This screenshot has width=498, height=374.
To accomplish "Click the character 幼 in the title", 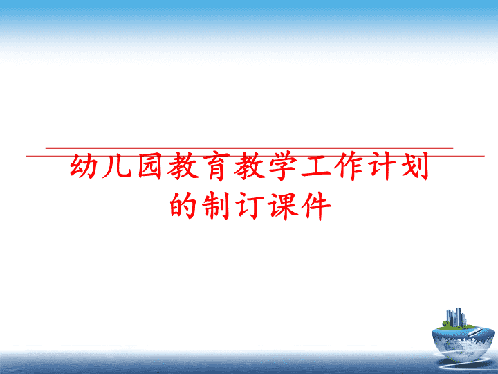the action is click(84, 166).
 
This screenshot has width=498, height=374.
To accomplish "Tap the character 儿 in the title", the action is click(117, 167).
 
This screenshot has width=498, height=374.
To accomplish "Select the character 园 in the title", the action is click(150, 166).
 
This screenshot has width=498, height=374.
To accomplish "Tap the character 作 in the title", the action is click(350, 166).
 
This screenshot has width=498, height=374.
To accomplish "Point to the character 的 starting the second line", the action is click(183, 205).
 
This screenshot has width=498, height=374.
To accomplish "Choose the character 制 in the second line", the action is click(216, 206).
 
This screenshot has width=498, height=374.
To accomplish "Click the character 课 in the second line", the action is click(284, 206).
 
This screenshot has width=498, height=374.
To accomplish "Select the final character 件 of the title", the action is click(317, 206).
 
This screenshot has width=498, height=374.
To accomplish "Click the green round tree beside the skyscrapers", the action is click(446, 323).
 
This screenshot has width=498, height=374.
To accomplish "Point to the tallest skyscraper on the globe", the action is click(459, 317).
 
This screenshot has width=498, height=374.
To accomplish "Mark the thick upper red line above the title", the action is click(249, 148).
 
